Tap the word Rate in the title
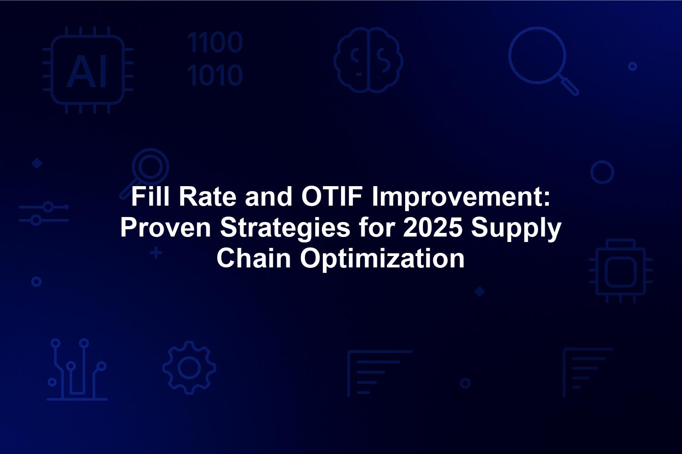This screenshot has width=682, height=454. pyautogui.click(x=208, y=197)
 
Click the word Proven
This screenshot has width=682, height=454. pyautogui.click(x=165, y=227)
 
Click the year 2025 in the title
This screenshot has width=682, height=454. pyautogui.click(x=432, y=227)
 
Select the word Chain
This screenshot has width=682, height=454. pyautogui.click(x=254, y=258)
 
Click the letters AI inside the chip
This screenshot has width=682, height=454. pyautogui.click(x=87, y=71)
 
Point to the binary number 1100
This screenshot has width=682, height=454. pyautogui.click(x=215, y=42)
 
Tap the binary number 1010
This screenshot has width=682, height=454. pyautogui.click(x=215, y=75)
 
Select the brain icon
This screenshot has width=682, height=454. pyautogui.click(x=368, y=60)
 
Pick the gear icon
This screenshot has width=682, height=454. pyautogui.click(x=190, y=368)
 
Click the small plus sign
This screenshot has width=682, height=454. pyautogui.click(x=156, y=253)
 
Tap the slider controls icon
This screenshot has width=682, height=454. pyautogui.click(x=44, y=213)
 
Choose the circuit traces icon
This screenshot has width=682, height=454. pyautogui.click(x=77, y=370)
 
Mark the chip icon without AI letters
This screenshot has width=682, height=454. pyautogui.click(x=621, y=271)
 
